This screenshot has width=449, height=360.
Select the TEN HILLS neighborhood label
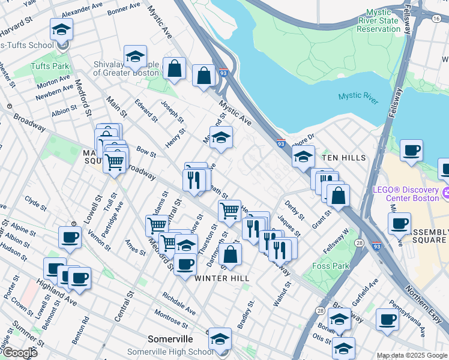pos(343,157)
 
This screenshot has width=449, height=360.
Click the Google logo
pos(19,353)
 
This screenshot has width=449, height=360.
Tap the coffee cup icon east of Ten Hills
pos(411,151)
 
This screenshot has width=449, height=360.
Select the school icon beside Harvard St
pos(61,29)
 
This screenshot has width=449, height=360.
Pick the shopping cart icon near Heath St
pos(229,211)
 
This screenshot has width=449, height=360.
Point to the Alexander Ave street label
pos(82,10)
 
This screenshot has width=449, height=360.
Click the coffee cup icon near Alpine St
pos(70,238)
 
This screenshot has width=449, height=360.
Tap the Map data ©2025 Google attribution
pos(412,355)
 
